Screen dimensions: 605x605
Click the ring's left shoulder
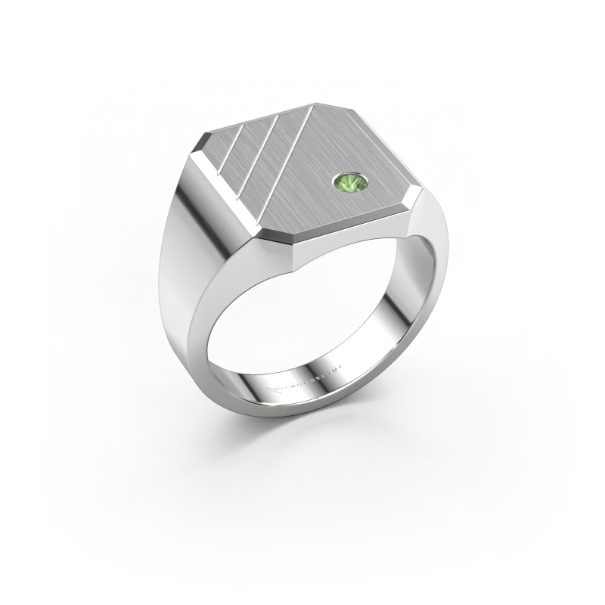(x=181, y=250)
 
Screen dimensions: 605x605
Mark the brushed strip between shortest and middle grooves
(x=240, y=148)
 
